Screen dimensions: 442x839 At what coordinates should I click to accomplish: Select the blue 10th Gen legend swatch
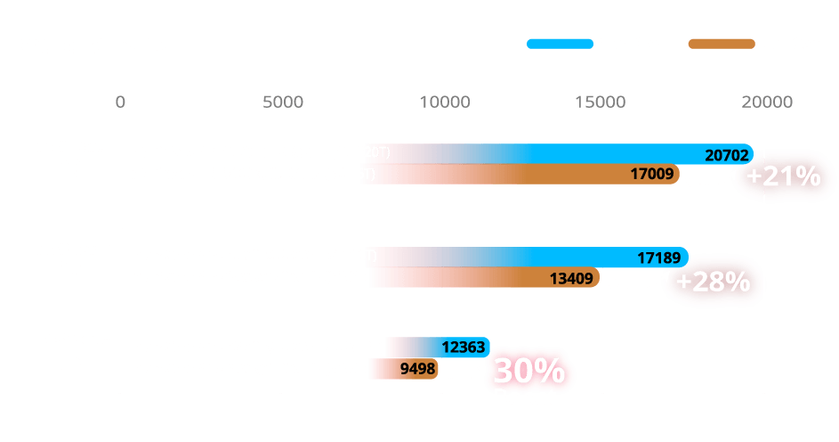[559, 44]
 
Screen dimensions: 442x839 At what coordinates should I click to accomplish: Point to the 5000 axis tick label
[283, 102]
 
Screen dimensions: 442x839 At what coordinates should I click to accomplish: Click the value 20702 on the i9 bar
[727, 154]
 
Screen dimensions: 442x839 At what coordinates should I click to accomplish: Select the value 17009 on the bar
[652, 174]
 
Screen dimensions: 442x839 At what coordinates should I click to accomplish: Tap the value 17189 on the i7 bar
[659, 258]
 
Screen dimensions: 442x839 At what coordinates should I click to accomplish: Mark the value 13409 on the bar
[572, 278]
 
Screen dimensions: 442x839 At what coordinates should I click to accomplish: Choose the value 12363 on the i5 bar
[464, 348]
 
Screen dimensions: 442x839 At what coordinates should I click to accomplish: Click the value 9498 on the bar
[418, 367]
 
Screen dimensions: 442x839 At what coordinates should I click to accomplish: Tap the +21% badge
[783, 176]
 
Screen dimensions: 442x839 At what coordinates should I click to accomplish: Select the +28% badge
[713, 282]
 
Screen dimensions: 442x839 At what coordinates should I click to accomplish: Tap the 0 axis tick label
[121, 102]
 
